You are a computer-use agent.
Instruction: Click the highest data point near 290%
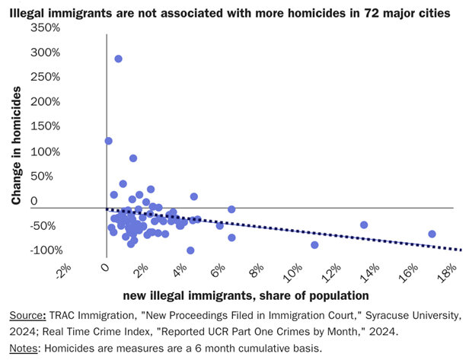(118, 59)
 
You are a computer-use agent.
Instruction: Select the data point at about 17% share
(432, 234)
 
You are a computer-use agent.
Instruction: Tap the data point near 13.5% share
(364, 225)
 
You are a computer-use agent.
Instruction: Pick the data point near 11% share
(314, 244)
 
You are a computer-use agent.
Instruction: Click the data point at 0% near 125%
(108, 141)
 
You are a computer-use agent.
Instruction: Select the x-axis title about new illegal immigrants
(234, 295)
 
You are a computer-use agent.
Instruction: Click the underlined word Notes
(24, 348)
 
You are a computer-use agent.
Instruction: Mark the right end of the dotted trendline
(461, 250)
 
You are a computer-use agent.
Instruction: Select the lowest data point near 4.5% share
(190, 250)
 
